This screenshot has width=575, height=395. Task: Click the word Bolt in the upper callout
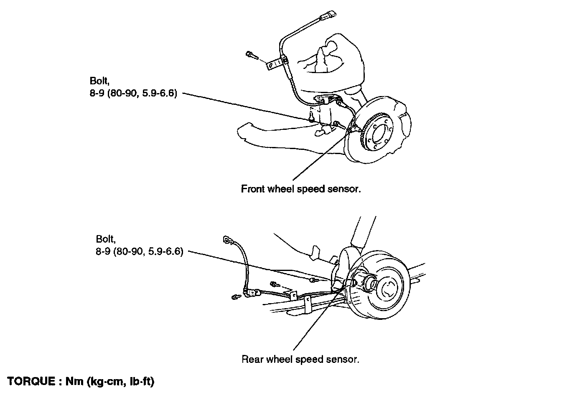(99, 81)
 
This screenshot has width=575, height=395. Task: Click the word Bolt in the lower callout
(106, 239)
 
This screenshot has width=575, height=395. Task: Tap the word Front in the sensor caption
(253, 189)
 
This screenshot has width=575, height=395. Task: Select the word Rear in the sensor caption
(252, 360)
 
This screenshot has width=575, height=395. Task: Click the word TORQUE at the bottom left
(31, 381)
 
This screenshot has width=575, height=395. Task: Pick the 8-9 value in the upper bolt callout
(97, 94)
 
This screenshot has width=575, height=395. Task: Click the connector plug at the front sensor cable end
(328, 15)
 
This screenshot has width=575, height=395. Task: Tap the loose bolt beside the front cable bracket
(252, 56)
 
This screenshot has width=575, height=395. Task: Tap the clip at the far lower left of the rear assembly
(235, 297)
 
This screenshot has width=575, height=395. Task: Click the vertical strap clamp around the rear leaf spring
(308, 305)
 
